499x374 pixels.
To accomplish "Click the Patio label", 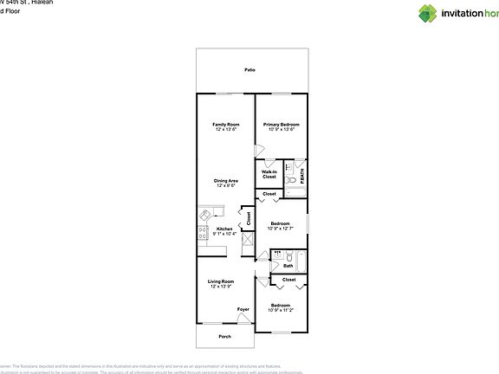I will [249, 68].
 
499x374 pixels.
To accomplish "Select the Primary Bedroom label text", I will [280, 126].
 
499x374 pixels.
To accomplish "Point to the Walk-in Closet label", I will [269, 174].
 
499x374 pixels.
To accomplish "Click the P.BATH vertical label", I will [301, 175].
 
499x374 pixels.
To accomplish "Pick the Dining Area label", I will [226, 182].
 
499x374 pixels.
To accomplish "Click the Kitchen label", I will [224, 229].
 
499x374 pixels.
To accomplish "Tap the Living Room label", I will [221, 282].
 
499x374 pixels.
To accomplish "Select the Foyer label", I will [244, 309].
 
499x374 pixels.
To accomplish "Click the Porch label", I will [224, 336].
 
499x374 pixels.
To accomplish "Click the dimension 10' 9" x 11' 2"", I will [280, 310].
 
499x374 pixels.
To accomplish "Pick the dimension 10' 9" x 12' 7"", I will [280, 229].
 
